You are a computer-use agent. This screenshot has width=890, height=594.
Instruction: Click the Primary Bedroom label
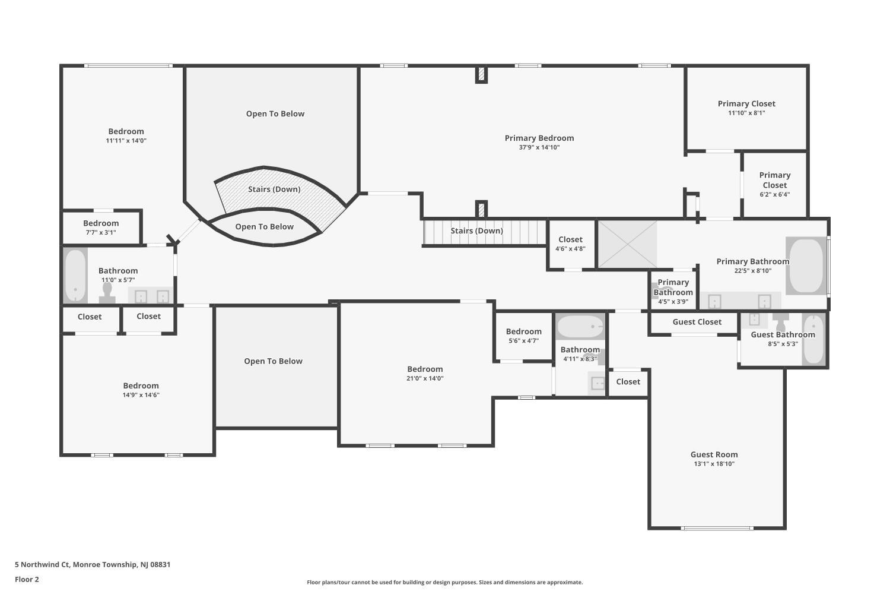(539, 138)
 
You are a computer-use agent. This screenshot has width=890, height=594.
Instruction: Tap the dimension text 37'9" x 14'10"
(539, 147)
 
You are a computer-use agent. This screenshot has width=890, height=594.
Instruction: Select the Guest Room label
(714, 454)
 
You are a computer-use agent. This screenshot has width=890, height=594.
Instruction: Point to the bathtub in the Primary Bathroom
(806, 266)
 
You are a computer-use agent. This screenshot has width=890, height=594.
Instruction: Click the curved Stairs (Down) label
(274, 189)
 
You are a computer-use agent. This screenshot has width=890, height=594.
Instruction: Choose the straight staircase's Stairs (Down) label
(477, 230)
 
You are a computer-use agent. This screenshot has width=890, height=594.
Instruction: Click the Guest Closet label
(697, 322)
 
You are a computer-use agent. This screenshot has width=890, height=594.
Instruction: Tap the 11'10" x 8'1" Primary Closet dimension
(746, 113)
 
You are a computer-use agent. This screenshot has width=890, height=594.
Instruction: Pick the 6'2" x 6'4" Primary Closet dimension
(775, 195)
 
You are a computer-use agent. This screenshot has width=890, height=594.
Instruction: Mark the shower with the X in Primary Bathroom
(627, 244)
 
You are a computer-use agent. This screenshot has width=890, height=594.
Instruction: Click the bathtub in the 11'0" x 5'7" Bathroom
(75, 275)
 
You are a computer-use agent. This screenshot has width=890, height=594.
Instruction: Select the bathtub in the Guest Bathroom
(813, 339)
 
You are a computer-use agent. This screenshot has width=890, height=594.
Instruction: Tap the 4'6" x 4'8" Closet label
(570, 239)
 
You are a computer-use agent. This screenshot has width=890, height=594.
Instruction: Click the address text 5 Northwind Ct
(42, 564)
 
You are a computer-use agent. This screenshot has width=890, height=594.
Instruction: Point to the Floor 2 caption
(27, 579)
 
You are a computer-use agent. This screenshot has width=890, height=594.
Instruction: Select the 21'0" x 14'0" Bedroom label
(425, 369)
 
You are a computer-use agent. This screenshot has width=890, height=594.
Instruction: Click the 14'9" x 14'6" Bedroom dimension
(141, 395)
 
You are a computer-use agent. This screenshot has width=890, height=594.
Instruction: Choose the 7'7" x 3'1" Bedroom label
(101, 223)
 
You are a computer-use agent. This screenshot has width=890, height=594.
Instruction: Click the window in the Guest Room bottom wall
(717, 528)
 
